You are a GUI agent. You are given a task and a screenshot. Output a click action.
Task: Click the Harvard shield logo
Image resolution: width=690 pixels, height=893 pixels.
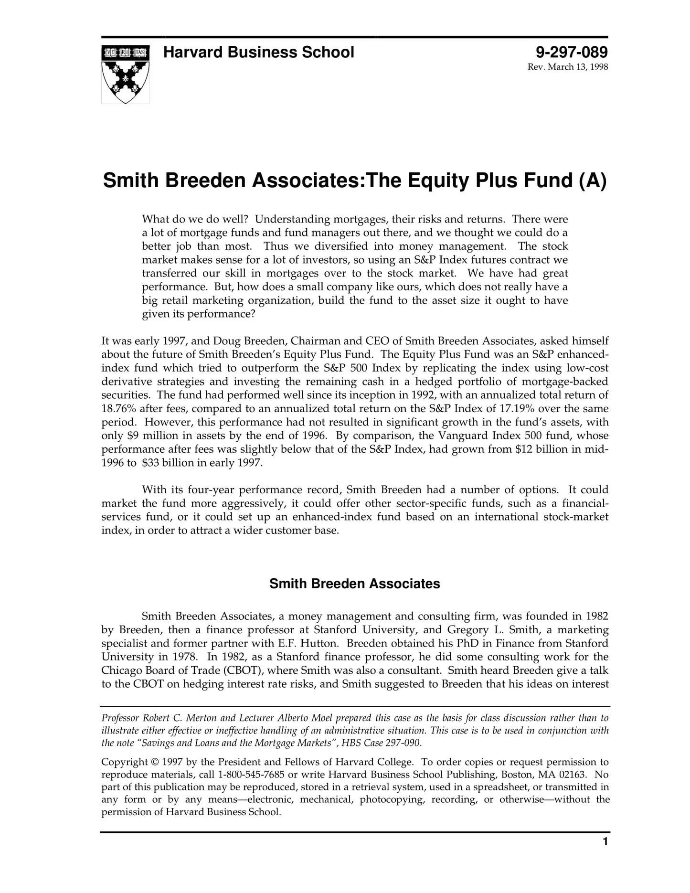(x=125, y=74)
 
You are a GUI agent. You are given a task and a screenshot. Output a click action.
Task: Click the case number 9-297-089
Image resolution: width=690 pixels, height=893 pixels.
(x=572, y=52)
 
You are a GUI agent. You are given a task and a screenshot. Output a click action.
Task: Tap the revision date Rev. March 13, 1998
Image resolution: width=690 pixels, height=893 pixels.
(x=567, y=67)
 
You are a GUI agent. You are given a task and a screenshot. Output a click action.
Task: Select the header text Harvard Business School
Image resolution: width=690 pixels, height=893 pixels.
(x=258, y=52)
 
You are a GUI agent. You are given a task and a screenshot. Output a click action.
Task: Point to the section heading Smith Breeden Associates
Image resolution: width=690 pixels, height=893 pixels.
(x=354, y=584)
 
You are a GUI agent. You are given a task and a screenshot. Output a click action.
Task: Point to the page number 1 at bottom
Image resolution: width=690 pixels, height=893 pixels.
(x=605, y=841)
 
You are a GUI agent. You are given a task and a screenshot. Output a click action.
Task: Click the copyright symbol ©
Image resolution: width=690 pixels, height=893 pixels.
(x=155, y=762)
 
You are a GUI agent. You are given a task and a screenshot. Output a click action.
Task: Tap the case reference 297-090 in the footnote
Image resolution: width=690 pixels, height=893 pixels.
(x=404, y=743)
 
